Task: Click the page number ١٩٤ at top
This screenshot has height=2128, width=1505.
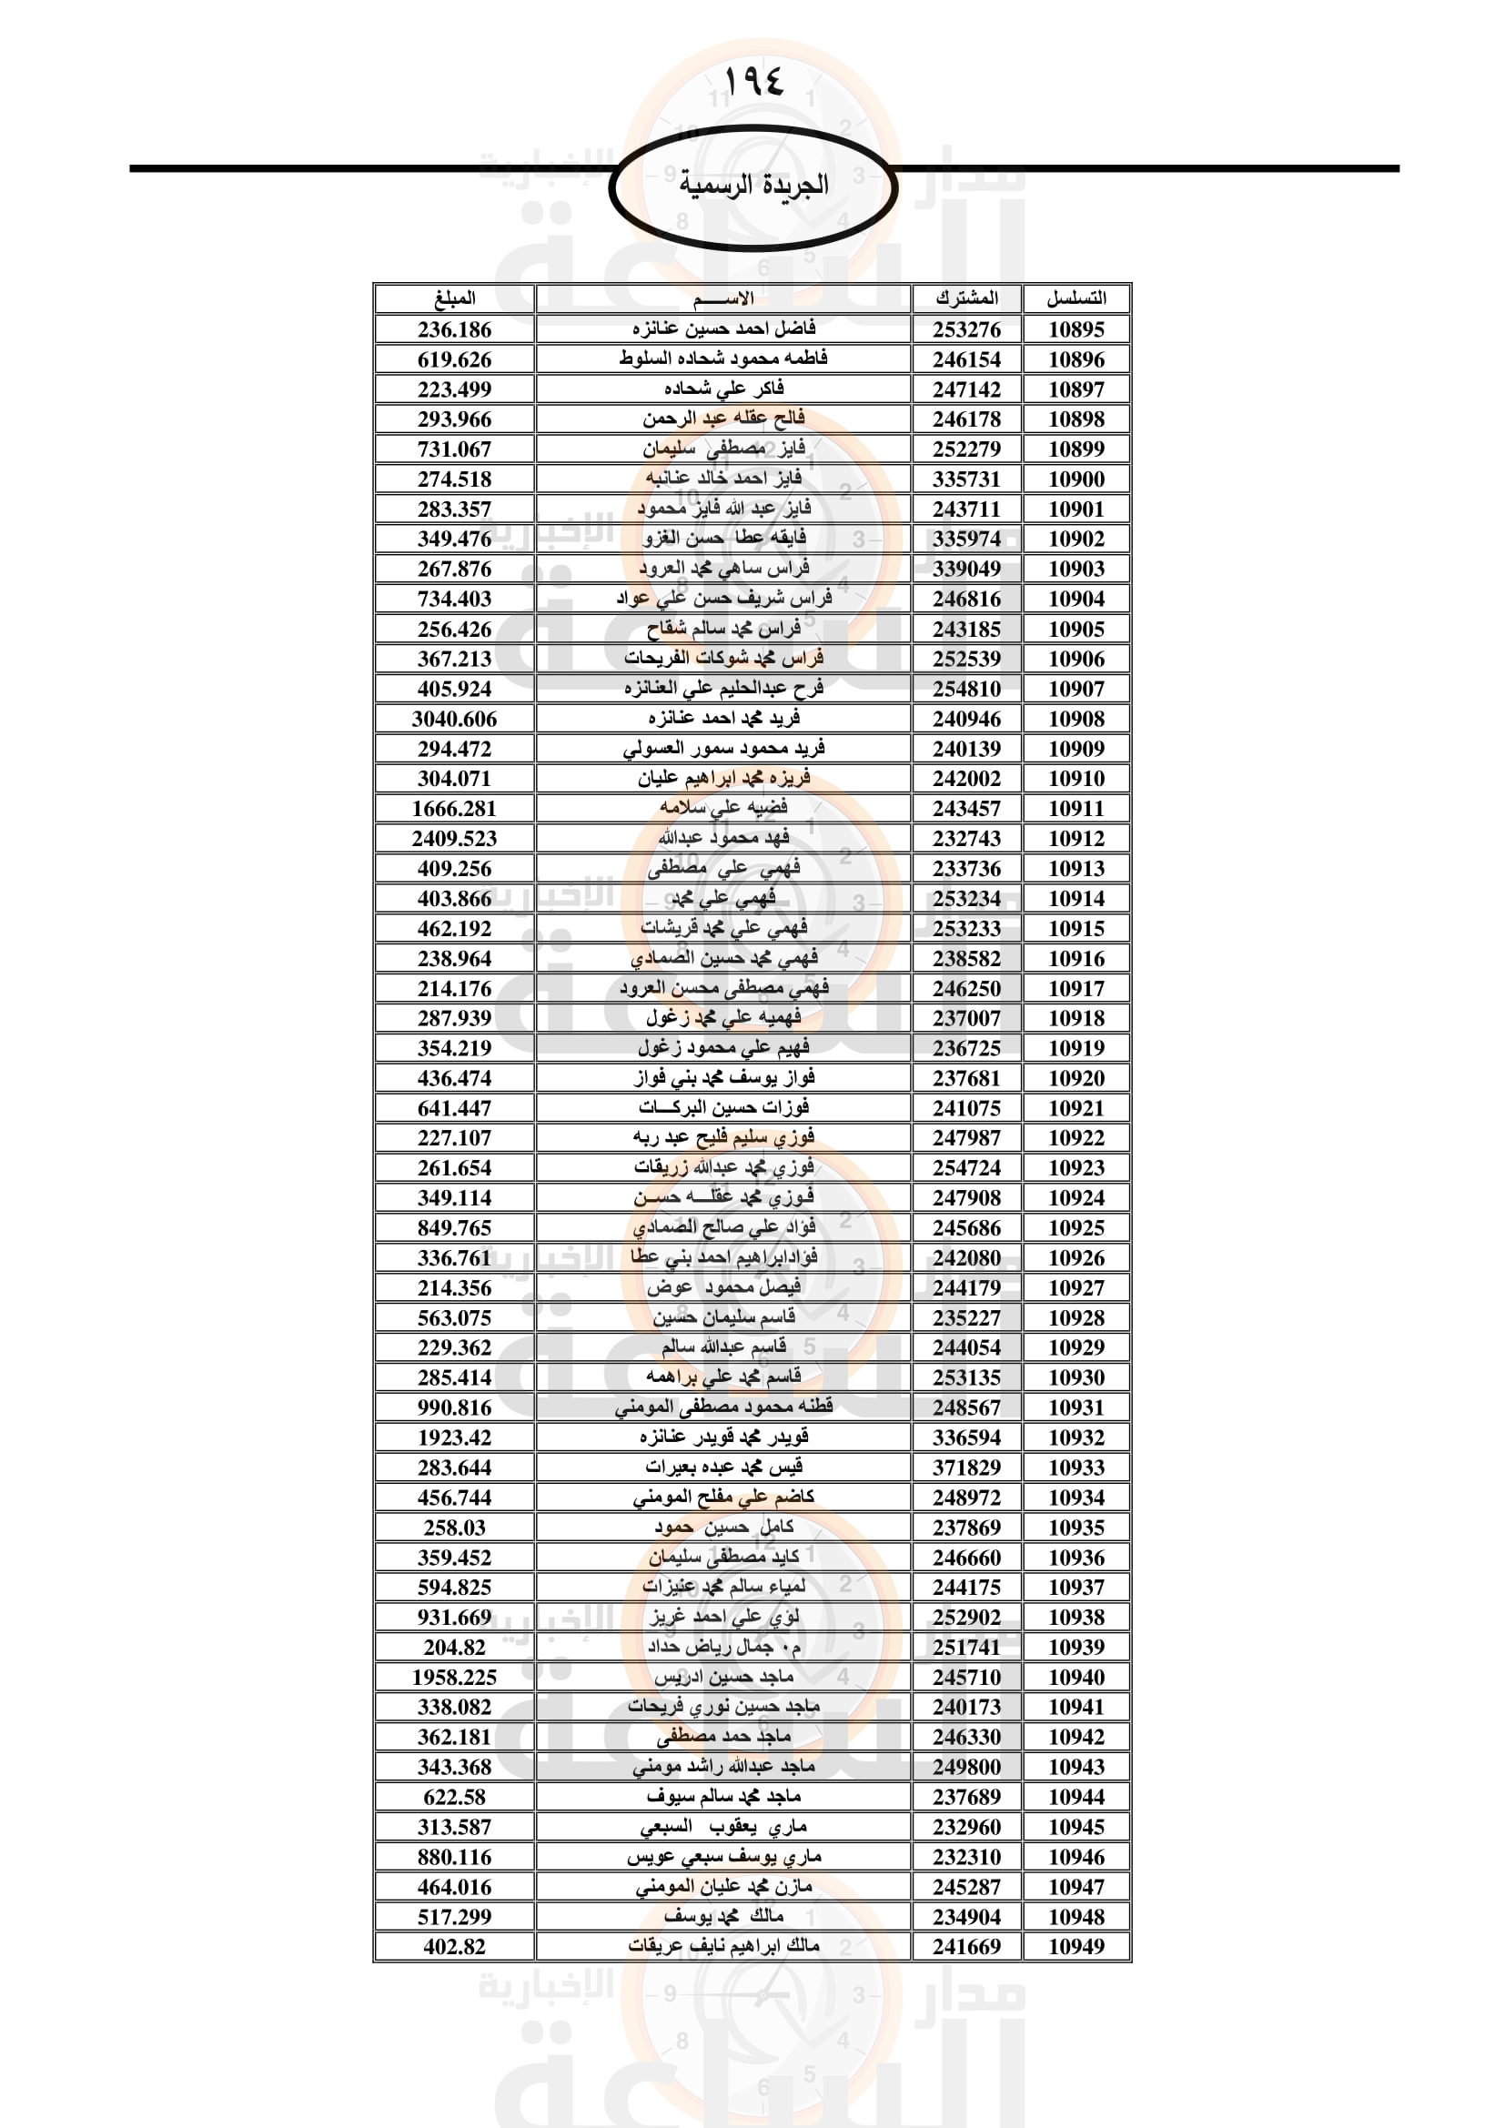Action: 753,81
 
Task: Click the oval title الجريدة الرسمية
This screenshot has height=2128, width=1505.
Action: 753,186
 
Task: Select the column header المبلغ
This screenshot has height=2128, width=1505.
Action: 454,298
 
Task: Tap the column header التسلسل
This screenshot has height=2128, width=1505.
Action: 1076,298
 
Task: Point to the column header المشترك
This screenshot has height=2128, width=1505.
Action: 966,298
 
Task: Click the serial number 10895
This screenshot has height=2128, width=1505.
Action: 1076,329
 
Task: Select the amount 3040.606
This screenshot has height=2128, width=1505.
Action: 454,719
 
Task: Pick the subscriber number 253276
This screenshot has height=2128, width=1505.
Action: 966,329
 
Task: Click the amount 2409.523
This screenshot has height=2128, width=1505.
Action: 454,838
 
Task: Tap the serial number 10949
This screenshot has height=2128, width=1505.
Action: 1076,1946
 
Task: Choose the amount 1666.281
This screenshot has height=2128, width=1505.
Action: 454,808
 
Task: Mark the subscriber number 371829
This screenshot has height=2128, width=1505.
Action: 966,1467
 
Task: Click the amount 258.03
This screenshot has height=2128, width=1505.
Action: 454,1528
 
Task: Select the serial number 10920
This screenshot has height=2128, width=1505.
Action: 1076,1078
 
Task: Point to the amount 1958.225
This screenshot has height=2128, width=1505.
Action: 454,1677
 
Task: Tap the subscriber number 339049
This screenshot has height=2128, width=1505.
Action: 966,568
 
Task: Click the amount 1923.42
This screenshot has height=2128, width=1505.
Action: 454,1437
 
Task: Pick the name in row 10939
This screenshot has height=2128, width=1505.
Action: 723,1647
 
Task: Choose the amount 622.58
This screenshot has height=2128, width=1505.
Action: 454,1796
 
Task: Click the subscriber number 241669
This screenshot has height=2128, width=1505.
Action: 966,1946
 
